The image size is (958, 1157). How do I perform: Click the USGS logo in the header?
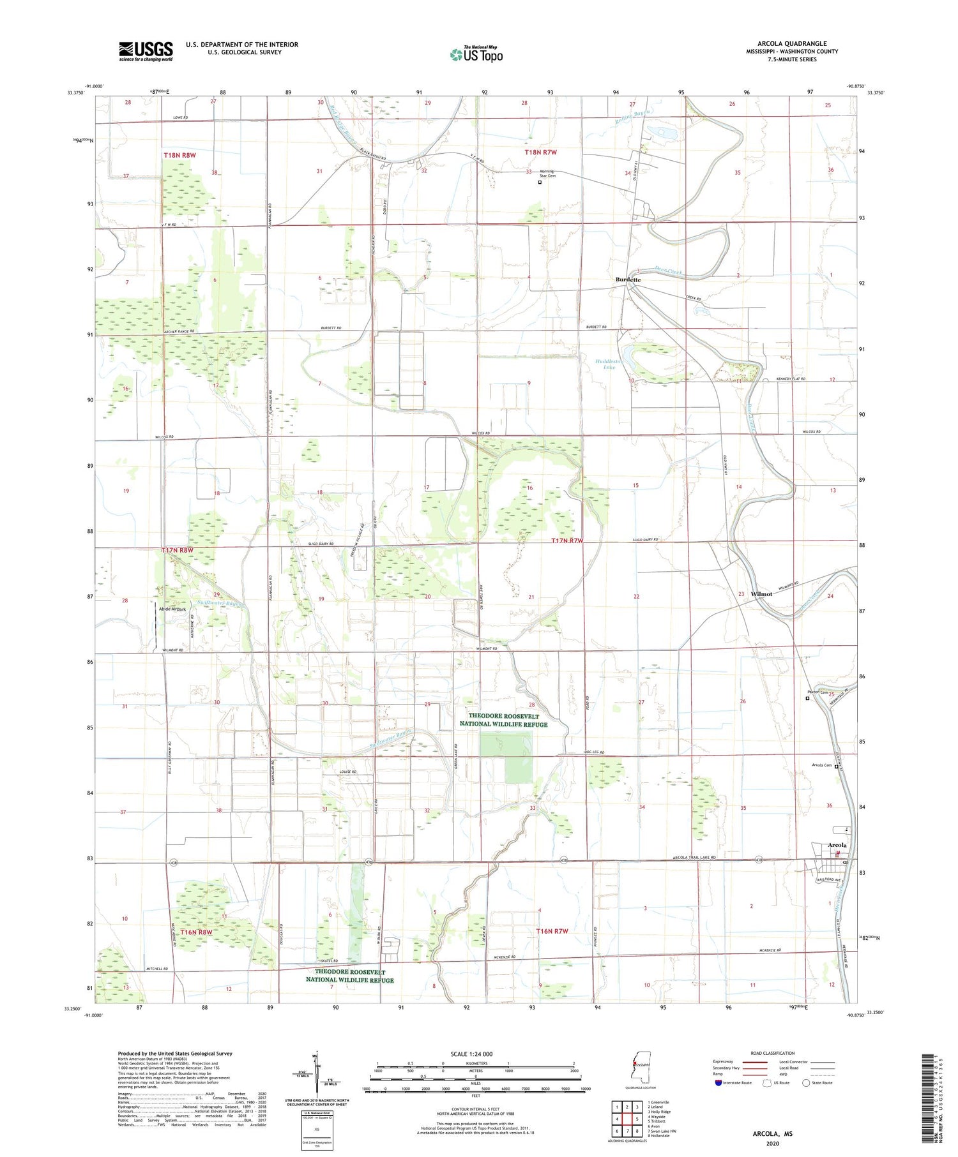(x=146, y=51)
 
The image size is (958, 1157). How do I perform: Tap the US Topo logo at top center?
(x=476, y=55)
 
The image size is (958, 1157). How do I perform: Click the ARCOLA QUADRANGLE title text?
(x=791, y=43)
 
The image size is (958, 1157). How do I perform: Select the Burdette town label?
(x=628, y=280)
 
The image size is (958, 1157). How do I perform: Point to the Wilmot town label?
(x=761, y=593)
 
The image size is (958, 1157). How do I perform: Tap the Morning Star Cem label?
(x=547, y=173)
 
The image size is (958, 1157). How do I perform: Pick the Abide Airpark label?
(x=172, y=609)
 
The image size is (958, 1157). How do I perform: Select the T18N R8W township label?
(x=179, y=155)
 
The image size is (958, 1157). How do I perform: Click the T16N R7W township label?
(x=552, y=931)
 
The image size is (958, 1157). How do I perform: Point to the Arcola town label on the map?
(x=837, y=845)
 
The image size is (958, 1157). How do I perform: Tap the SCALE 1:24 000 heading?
(x=471, y=1054)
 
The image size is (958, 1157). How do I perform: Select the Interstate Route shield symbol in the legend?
(x=718, y=1082)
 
